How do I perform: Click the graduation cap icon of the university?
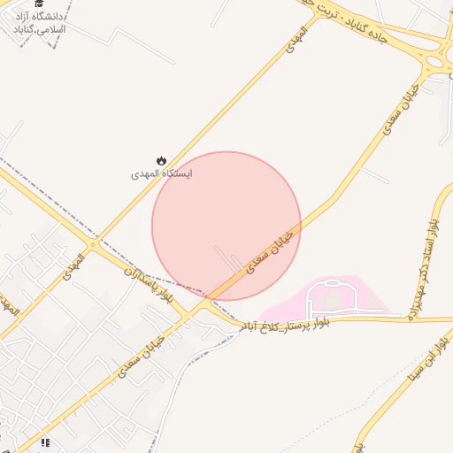click(x=39, y=4)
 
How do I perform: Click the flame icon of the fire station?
click(x=161, y=160)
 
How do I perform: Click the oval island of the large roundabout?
click(x=440, y=62)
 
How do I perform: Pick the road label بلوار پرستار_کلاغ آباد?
click(x=288, y=326)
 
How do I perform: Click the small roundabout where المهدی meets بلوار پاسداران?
click(x=92, y=244)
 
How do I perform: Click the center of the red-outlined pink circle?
click(x=226, y=226)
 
